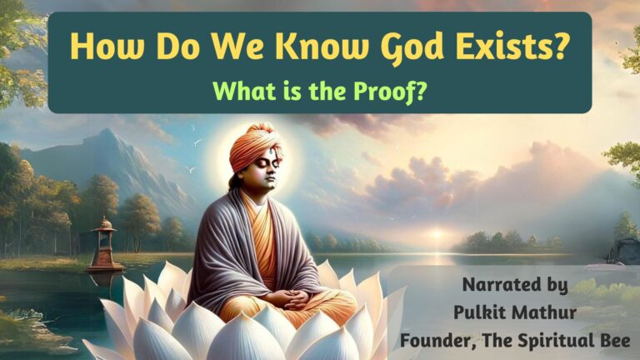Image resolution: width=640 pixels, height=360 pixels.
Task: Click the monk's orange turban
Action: [x=256, y=146]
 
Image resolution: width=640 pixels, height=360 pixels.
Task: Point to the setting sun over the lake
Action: [x=437, y=234]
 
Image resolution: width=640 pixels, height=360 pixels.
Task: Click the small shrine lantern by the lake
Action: [x=103, y=244]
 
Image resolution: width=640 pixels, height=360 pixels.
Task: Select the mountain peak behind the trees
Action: [x=107, y=132]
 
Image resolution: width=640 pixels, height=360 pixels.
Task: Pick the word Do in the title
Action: [x=178, y=45]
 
